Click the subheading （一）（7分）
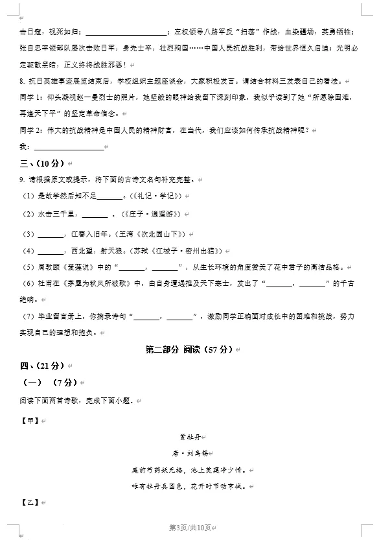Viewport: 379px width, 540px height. [x=49, y=383]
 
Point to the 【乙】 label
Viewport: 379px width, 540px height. [x=30, y=502]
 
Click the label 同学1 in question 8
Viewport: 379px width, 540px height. [x=32, y=98]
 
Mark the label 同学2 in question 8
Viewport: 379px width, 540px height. [x=32, y=130]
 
